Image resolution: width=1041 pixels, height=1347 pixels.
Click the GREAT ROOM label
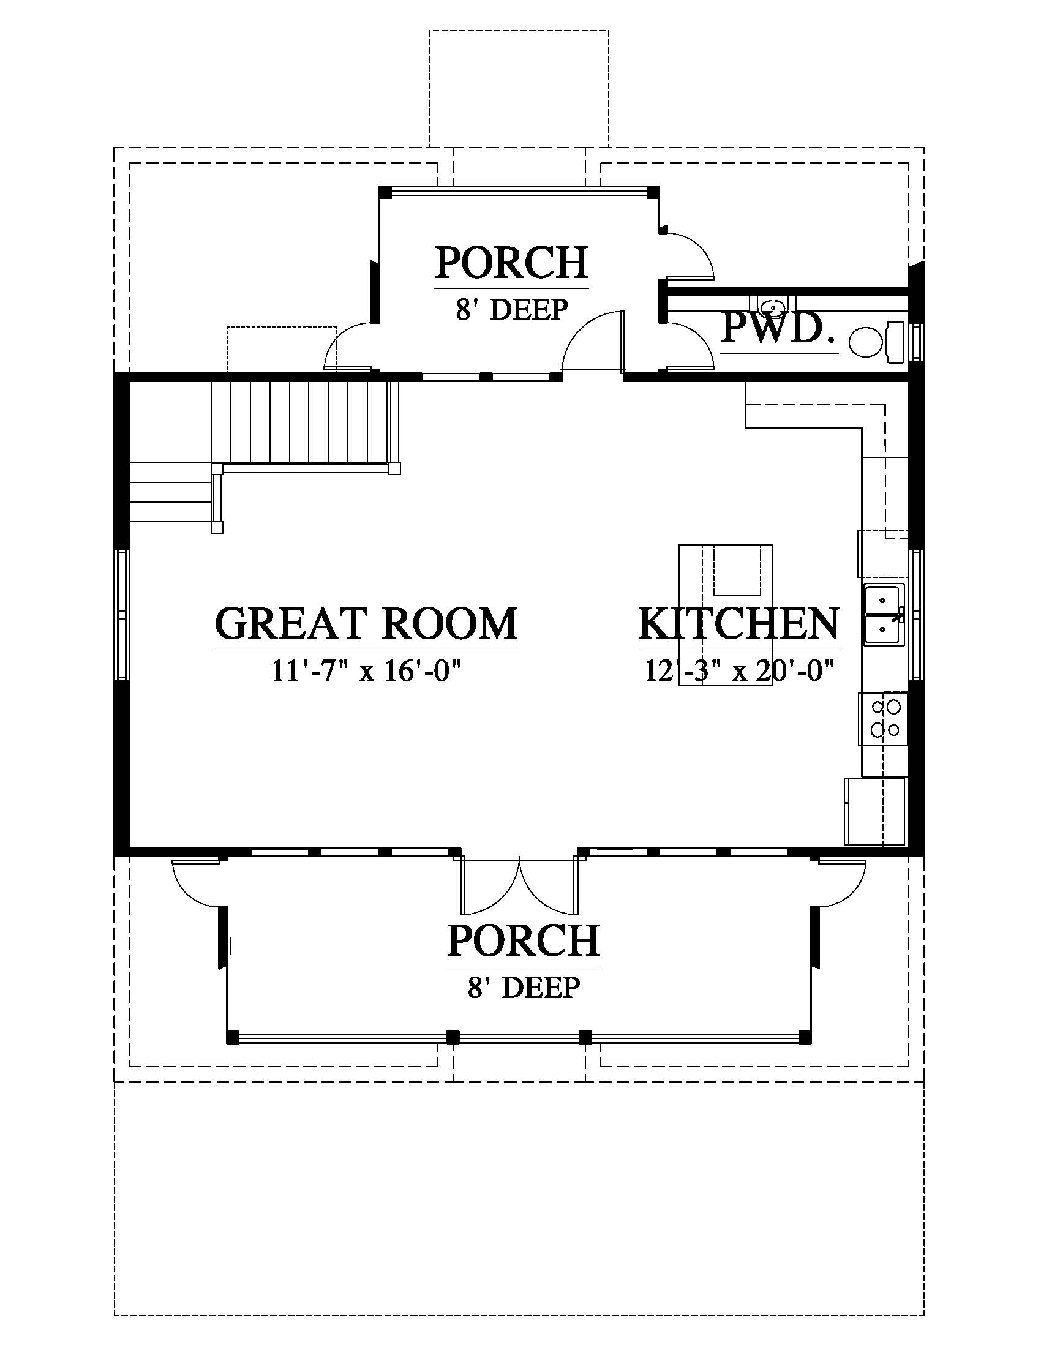366,623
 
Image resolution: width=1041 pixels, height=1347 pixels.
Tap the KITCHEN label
739,623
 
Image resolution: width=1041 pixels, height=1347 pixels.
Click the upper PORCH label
511,263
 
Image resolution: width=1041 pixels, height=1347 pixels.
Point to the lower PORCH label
524,940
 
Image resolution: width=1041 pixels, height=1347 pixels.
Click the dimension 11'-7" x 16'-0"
367,670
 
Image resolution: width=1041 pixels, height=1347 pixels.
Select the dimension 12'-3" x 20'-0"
740,670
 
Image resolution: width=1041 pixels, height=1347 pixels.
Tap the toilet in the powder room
876,342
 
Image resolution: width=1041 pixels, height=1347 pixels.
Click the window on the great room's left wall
122,614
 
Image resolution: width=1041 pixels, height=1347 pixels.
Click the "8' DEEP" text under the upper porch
511,309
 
